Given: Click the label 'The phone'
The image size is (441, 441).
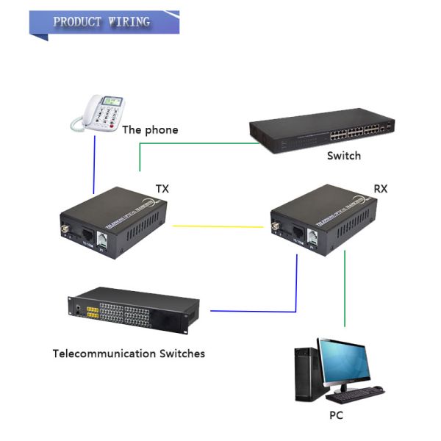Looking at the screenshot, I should coord(150,130).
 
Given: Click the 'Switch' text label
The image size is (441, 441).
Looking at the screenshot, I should coord(344,156).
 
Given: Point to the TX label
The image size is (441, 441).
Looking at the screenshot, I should coord(162,188).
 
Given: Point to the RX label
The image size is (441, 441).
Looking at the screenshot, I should coord(381,188).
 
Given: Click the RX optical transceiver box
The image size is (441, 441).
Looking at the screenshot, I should coord(324,220).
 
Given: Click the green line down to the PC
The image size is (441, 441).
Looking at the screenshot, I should coord(344,294).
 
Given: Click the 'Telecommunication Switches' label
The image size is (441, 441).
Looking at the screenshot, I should coord(129,354).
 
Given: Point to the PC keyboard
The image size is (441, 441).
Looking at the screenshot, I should coord(356,397).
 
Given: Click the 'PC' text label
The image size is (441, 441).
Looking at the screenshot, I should coord(336,416).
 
